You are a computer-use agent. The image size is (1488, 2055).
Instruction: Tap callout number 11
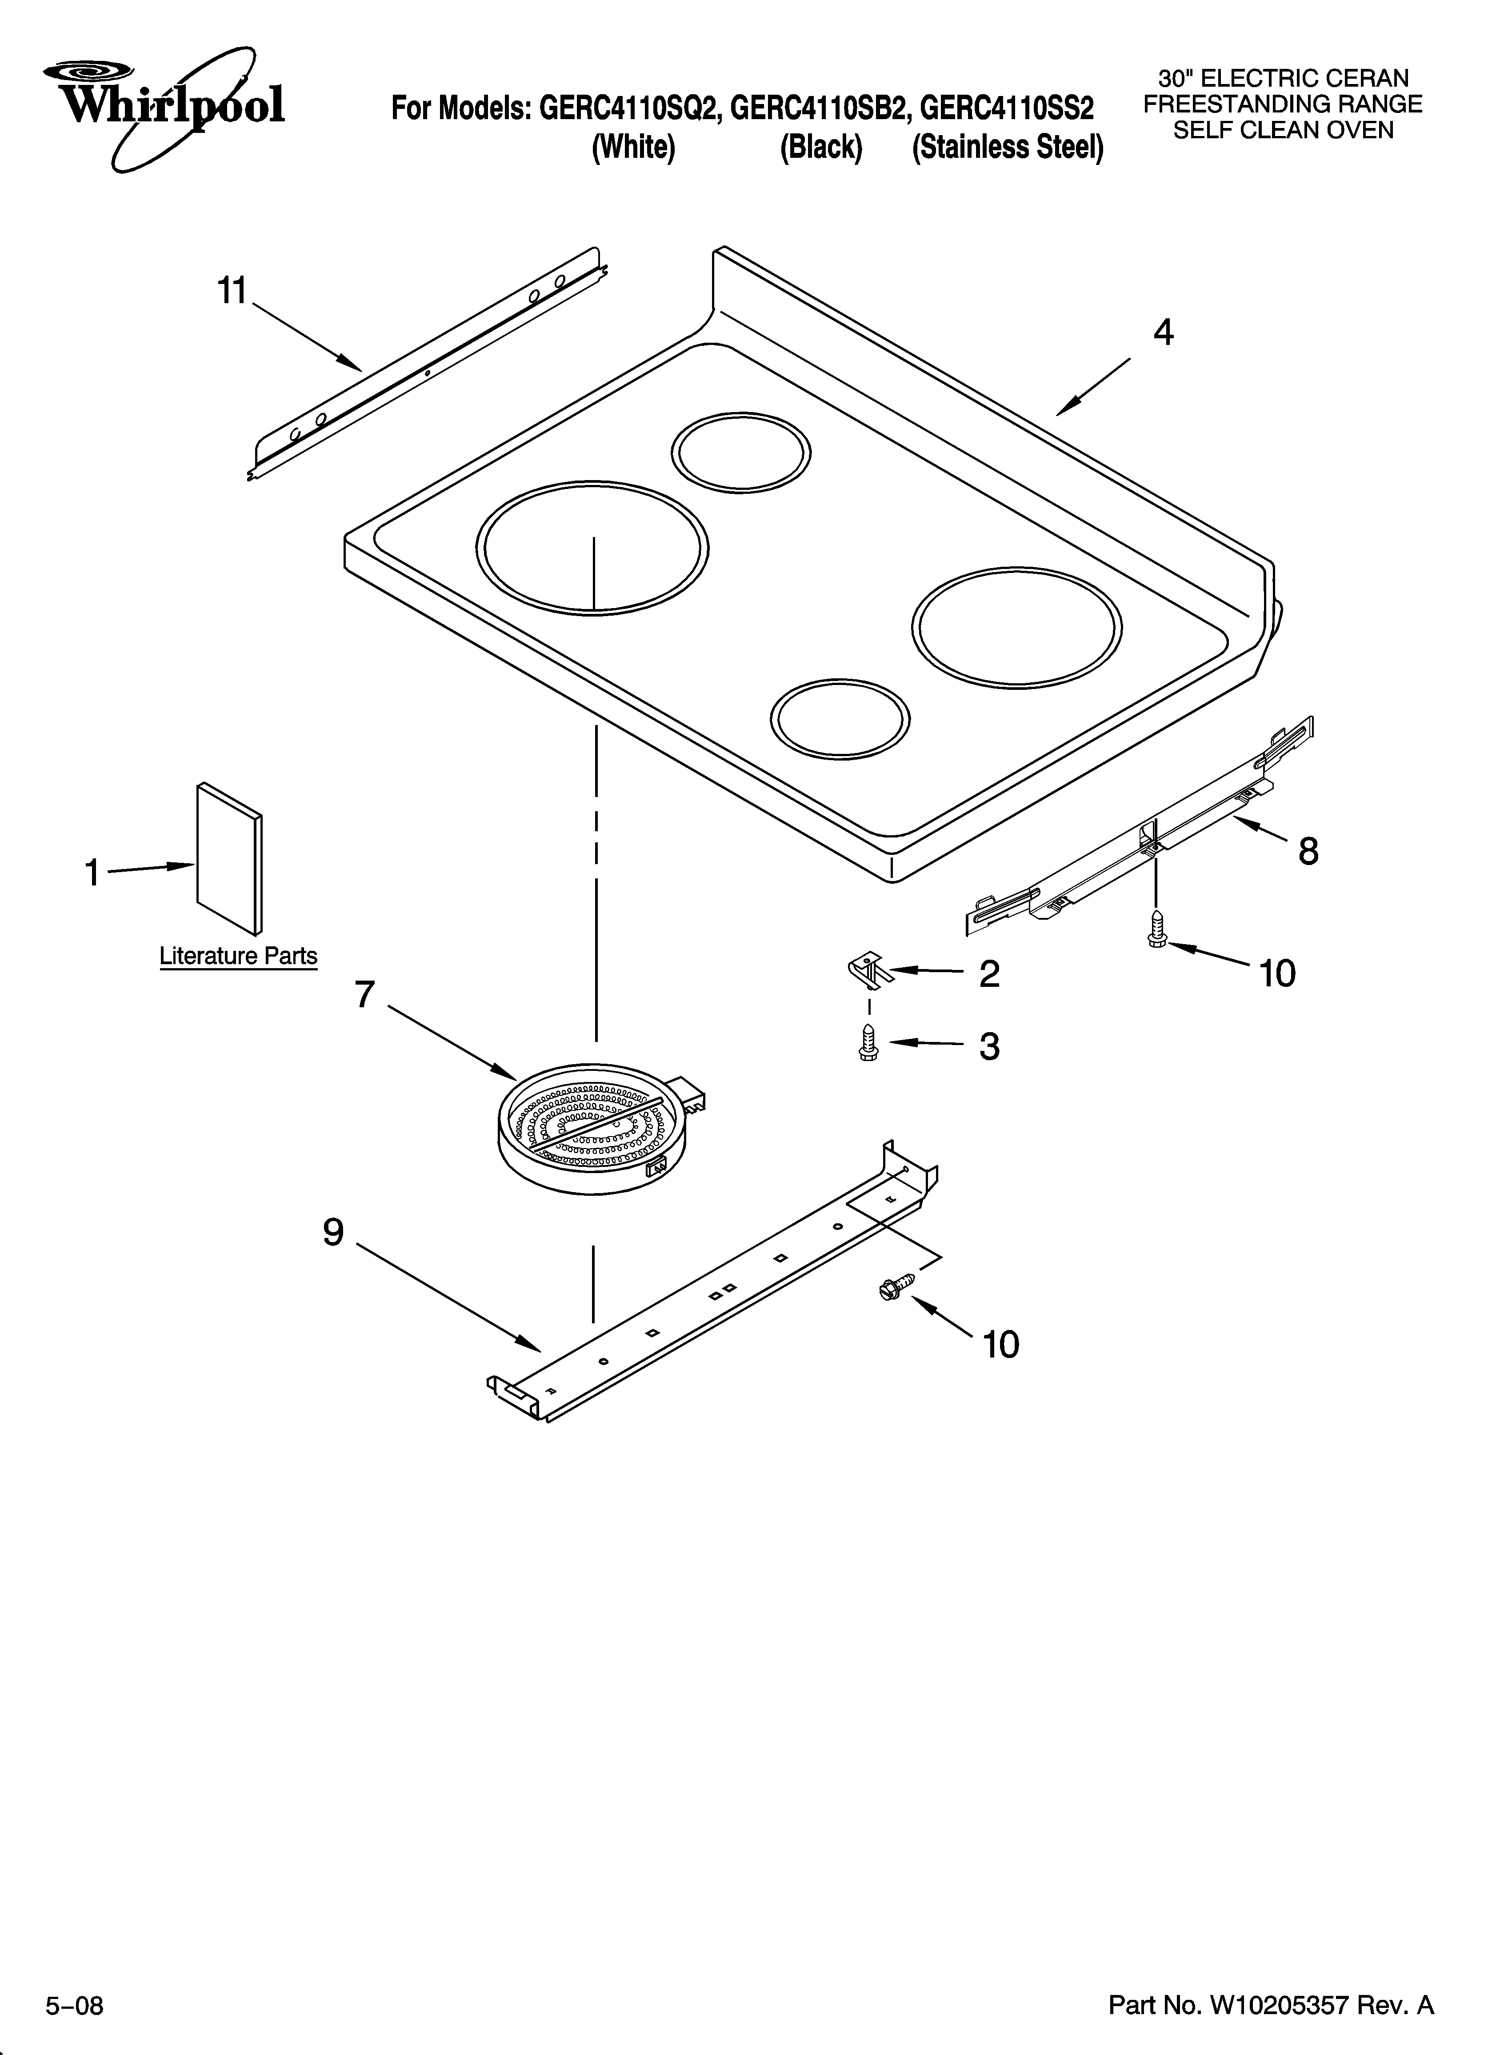[x=232, y=292]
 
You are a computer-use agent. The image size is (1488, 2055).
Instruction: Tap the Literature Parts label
[x=238, y=956]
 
